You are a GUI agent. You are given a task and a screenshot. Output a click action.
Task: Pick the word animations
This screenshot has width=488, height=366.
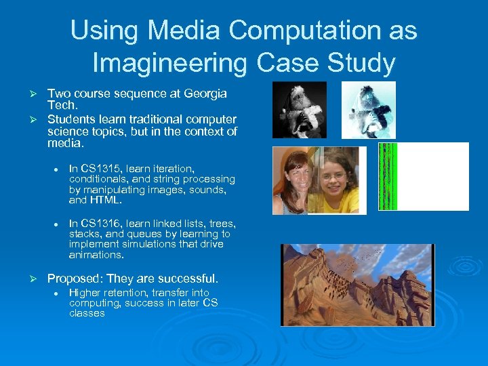pos(96,256)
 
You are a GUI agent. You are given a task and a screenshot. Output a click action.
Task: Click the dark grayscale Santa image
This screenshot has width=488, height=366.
pos(299,109)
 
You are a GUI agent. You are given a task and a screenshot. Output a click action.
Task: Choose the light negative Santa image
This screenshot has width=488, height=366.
pos(368,109)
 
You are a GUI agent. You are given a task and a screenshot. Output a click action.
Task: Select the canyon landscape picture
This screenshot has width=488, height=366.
pos(358,285)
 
